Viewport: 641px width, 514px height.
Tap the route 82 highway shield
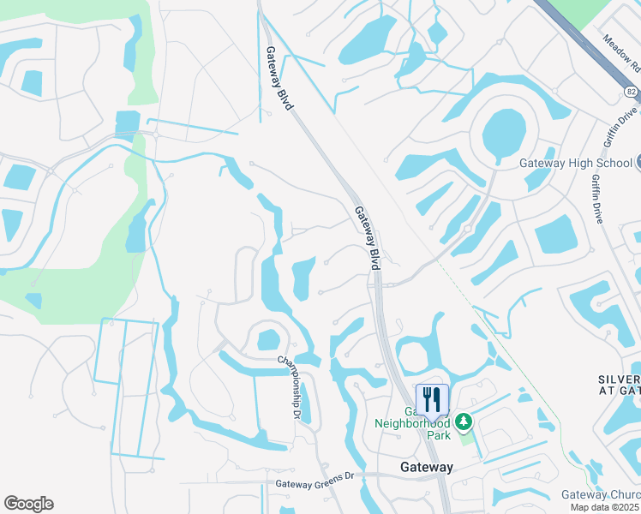630,91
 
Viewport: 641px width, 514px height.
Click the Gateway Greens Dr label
315,483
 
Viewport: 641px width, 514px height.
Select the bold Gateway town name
427,467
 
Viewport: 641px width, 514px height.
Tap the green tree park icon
464,421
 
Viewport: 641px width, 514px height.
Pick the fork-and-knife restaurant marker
431,398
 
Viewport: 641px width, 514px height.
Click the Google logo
28,504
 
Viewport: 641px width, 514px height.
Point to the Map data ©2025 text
608,507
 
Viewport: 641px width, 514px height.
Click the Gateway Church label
600,495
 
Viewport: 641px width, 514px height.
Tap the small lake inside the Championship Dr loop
268,340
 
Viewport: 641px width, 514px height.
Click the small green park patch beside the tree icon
466,438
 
